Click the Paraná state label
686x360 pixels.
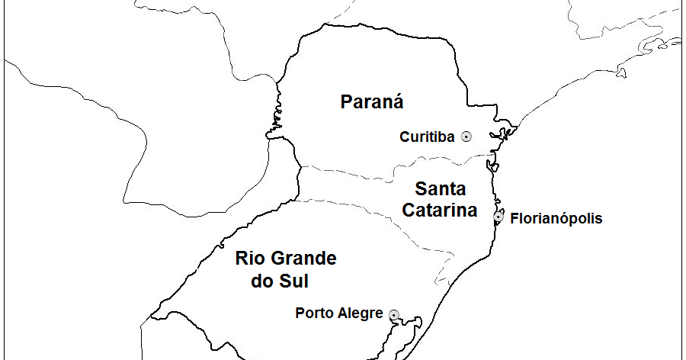pos(372,101)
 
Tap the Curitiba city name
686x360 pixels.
pos(427,137)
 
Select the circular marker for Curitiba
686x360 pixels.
pos(466,137)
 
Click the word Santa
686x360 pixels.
pos(440,188)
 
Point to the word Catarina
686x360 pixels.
pos(440,210)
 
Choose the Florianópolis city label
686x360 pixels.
pos(556,219)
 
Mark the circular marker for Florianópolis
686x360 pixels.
pos(498,217)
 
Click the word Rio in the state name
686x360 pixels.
pos(249,259)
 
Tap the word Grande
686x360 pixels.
pos(301,259)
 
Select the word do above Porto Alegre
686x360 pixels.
pos(262,281)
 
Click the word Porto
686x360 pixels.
pos(313,313)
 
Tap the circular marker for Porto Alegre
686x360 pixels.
pos(394,314)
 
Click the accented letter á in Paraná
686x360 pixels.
pos(396,101)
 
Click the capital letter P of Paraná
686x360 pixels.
pos(347,101)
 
